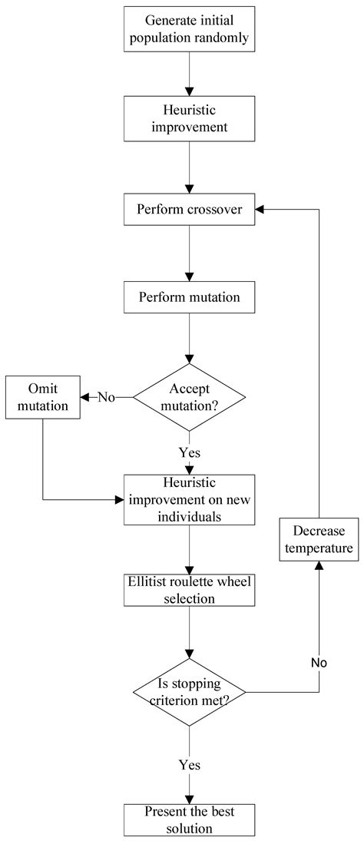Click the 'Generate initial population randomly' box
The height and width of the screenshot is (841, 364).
pos(190,28)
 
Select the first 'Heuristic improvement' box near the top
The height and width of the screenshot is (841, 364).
pos(190,118)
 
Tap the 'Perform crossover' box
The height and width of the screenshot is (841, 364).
pos(190,209)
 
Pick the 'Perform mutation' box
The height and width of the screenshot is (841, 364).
pos(190,296)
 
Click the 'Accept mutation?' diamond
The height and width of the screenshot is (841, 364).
pos(190,396)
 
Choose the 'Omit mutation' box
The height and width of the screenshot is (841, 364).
pos(43,397)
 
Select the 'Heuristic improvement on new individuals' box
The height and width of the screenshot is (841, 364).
pos(190,499)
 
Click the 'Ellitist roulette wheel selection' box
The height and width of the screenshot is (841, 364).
pos(190,589)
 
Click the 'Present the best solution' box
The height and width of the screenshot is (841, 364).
pos(190,819)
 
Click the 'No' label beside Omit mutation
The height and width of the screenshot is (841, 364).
pos(107,397)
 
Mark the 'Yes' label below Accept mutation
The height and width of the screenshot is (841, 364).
pos(190,452)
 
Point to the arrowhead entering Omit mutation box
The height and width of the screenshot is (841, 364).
pos(85,397)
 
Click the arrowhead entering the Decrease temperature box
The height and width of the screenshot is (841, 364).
pos(319,565)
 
